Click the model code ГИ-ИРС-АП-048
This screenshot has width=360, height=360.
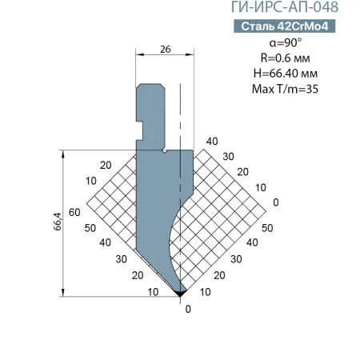point(285,7)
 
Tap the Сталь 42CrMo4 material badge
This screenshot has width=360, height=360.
point(285,26)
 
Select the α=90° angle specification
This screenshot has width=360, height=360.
point(286,42)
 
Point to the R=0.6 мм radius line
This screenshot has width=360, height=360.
point(286,58)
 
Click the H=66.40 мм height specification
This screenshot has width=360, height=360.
point(286,74)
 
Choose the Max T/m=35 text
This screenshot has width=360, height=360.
point(286,89)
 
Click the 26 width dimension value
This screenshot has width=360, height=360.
point(166,49)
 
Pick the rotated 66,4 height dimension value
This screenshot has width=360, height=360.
point(58,222)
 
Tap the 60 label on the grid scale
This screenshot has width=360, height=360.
point(74,213)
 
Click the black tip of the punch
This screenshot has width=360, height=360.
point(180,294)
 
